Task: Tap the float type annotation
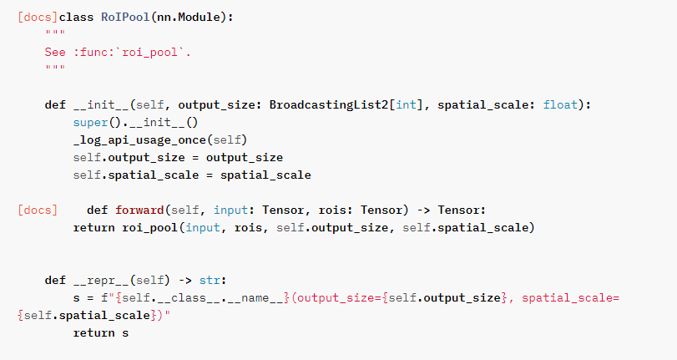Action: (x=560, y=104)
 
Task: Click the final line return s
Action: (x=101, y=332)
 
